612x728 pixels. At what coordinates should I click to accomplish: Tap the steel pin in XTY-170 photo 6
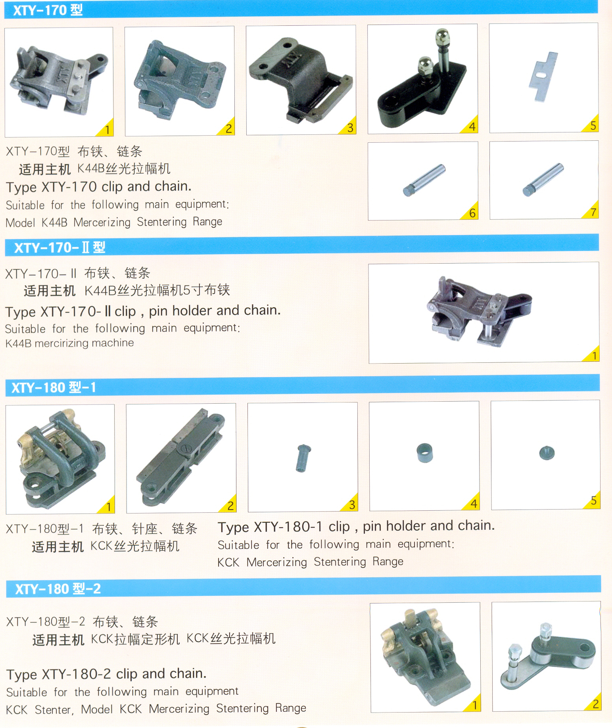point(424,180)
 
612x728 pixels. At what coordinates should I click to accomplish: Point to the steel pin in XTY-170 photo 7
point(543,180)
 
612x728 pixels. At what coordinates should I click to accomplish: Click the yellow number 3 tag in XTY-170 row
point(349,127)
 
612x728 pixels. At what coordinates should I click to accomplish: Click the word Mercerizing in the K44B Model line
point(102,222)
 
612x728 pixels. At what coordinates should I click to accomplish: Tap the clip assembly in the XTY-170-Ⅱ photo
point(479,311)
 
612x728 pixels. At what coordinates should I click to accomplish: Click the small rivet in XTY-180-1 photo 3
point(303,458)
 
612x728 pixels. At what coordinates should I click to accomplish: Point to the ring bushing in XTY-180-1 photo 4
point(424,453)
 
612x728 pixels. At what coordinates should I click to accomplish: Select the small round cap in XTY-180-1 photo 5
point(547,453)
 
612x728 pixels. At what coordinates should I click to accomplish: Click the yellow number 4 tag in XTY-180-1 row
point(472,503)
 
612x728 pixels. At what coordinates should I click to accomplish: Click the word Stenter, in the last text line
point(54,710)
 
